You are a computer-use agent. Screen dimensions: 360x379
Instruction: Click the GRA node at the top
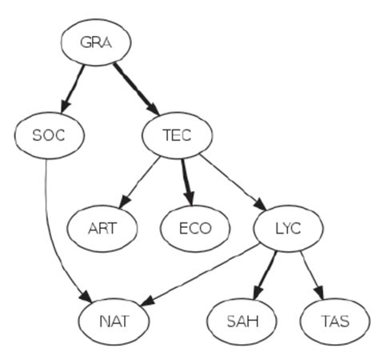(x=96, y=42)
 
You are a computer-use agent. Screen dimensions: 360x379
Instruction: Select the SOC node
(x=49, y=135)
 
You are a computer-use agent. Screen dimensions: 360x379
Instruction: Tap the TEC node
(x=177, y=135)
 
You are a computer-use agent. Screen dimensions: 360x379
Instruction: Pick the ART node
(x=102, y=229)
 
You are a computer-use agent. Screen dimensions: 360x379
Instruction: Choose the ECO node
(x=195, y=229)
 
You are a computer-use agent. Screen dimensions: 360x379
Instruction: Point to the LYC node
(x=288, y=229)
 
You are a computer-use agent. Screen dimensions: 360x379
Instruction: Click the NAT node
(x=114, y=322)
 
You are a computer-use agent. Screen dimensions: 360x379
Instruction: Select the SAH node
(x=241, y=322)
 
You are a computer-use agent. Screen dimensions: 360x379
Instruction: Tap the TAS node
(x=335, y=322)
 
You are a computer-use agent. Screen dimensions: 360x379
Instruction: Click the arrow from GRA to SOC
(x=73, y=87)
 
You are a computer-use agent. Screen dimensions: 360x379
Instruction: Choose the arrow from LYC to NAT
(x=204, y=277)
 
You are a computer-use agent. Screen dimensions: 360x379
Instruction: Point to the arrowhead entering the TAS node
(x=322, y=294)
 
